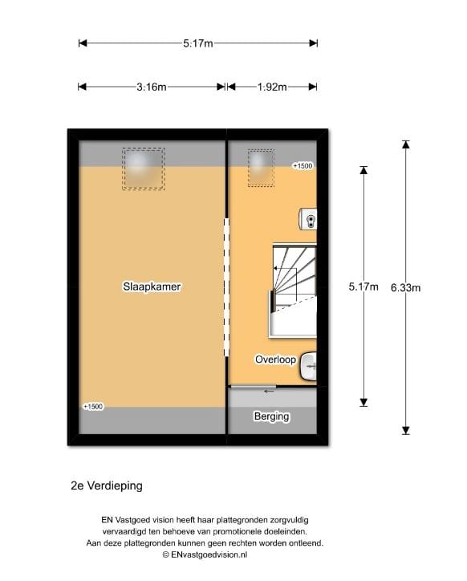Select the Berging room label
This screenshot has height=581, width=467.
(271, 416)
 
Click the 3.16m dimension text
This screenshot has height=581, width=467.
(151, 87)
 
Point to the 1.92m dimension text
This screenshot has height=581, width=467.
(272, 87)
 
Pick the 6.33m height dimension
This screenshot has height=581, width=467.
(405, 286)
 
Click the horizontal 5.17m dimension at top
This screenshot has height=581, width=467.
(197, 43)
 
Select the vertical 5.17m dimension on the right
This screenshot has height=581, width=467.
(363, 286)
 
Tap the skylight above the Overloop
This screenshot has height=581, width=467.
(260, 167)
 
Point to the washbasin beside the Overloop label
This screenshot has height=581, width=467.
(309, 368)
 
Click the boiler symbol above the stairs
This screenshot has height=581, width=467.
(309, 217)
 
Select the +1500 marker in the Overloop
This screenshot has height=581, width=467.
(302, 166)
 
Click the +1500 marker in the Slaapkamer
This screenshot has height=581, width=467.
(93, 407)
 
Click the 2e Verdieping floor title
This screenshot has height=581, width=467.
(106, 486)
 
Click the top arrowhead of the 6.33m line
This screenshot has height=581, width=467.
(406, 145)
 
